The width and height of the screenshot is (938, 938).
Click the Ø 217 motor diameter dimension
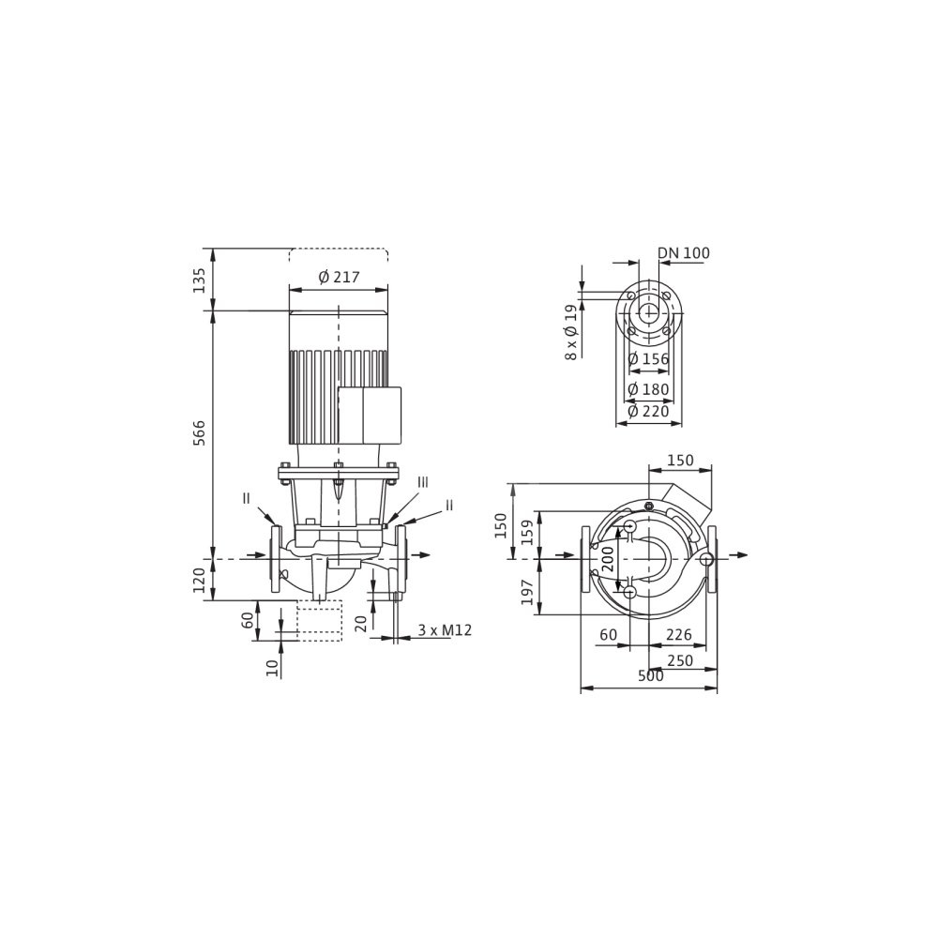click(x=340, y=277)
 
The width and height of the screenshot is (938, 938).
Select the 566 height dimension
click(x=199, y=432)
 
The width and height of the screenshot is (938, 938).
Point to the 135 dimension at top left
click(x=199, y=280)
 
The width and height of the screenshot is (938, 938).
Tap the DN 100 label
click(x=684, y=253)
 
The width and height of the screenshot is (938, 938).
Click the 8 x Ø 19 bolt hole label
click(x=572, y=333)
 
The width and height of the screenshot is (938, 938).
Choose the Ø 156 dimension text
click(x=648, y=359)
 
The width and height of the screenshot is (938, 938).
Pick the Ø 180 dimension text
click(x=648, y=389)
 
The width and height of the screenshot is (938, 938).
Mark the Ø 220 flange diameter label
click(x=648, y=412)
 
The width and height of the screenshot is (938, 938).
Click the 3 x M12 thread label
click(x=445, y=630)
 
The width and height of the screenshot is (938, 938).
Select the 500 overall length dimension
click(x=651, y=676)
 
